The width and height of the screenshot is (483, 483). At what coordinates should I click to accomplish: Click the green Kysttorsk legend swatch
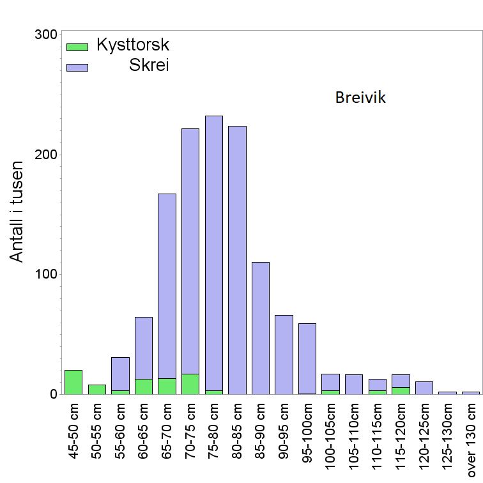[x=77, y=47]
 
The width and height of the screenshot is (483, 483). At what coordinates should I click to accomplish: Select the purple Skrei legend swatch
[x=77, y=66]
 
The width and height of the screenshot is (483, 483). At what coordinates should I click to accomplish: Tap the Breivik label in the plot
[x=360, y=98]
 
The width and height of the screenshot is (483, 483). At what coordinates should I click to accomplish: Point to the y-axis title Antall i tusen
[x=17, y=211]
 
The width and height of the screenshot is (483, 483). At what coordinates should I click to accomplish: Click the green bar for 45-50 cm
[x=73, y=382]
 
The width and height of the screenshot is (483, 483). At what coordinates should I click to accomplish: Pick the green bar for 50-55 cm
[x=97, y=389]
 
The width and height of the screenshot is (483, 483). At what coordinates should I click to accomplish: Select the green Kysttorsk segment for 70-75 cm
[x=190, y=383]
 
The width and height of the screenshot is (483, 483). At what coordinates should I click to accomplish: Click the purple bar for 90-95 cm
[x=284, y=354]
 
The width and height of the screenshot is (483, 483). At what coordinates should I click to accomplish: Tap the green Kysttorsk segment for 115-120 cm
[x=401, y=390]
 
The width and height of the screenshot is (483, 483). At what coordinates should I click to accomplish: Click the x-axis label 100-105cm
[x=331, y=441]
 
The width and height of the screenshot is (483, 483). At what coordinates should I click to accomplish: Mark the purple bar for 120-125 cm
[x=424, y=387]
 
